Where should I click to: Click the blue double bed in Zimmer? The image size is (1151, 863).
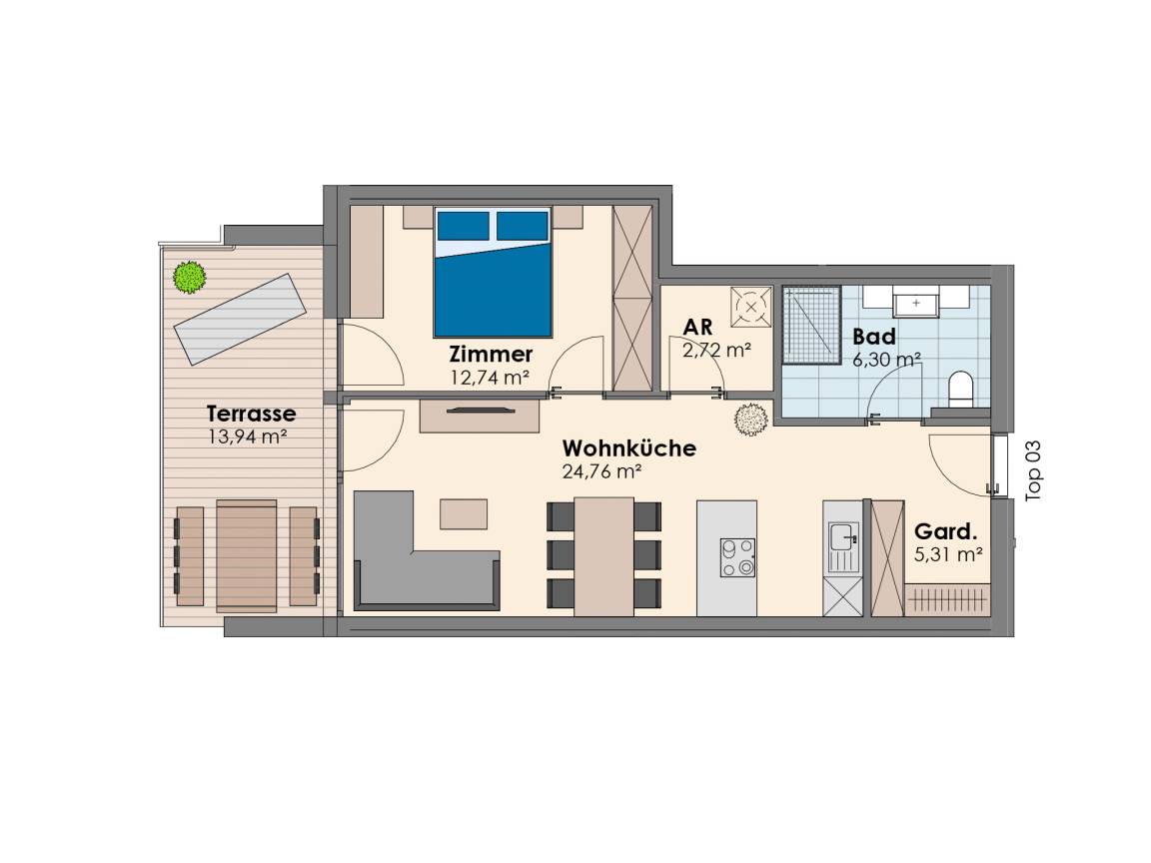click(492, 273)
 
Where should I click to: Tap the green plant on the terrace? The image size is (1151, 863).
click(190, 278)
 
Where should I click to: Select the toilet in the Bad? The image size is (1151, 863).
click(960, 389)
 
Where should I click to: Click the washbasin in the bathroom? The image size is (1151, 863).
click(916, 303)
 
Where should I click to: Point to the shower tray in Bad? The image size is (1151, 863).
click(811, 325)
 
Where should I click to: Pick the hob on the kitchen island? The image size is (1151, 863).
click(737, 557)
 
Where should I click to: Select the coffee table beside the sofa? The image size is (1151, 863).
click(464, 513)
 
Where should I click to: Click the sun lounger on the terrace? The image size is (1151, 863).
click(240, 320)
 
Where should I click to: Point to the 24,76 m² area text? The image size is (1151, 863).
click(601, 471)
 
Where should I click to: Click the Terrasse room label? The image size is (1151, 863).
click(251, 414)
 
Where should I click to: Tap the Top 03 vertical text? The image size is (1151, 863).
click(1033, 470)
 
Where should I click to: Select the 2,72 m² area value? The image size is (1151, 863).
click(716, 350)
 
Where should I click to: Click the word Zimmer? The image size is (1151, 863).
click(492, 355)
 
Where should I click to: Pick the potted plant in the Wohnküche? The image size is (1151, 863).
click(751, 420)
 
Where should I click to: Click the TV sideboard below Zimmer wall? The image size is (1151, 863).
click(480, 416)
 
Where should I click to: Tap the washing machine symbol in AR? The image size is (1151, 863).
click(751, 307)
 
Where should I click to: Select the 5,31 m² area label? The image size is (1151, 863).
click(948, 555)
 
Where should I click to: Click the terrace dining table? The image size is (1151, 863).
click(247, 556)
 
